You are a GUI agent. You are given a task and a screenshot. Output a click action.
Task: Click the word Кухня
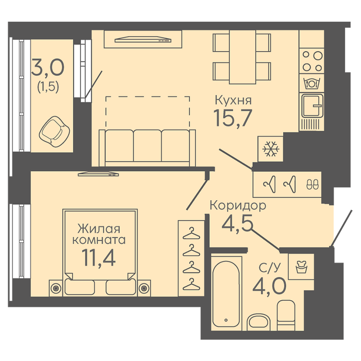click(x=233, y=101)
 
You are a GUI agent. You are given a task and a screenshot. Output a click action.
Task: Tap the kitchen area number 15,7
click(x=233, y=118)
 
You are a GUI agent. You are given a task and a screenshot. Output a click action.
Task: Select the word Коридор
click(x=238, y=205)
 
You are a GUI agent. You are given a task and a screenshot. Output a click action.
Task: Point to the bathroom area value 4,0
click(x=269, y=286)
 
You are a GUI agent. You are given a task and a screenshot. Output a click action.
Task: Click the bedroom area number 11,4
click(x=99, y=258)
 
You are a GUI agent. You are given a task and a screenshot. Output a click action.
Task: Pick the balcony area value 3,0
click(x=48, y=67)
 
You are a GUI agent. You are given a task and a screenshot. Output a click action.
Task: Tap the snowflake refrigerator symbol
click(x=271, y=149)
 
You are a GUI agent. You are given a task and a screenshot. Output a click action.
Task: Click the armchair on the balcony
click(x=54, y=132)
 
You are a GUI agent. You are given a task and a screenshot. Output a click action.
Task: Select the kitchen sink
click(x=312, y=106)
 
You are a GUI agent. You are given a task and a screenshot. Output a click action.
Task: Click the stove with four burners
click(x=312, y=61)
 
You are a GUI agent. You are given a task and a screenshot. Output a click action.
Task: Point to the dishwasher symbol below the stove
click(x=311, y=84)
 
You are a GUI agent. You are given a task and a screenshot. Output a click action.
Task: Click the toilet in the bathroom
click(x=286, y=315)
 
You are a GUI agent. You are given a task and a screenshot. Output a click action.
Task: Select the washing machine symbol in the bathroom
click(x=301, y=267)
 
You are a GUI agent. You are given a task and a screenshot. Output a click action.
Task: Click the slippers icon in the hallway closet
click(x=313, y=185)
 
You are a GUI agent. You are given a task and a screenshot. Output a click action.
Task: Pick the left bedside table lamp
click(x=56, y=288)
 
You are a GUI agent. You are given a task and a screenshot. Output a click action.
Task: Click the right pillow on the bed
click(x=121, y=287)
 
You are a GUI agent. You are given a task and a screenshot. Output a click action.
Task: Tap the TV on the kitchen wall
click(x=143, y=40)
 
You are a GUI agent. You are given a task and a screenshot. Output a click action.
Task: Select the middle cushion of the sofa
click(x=147, y=146)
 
